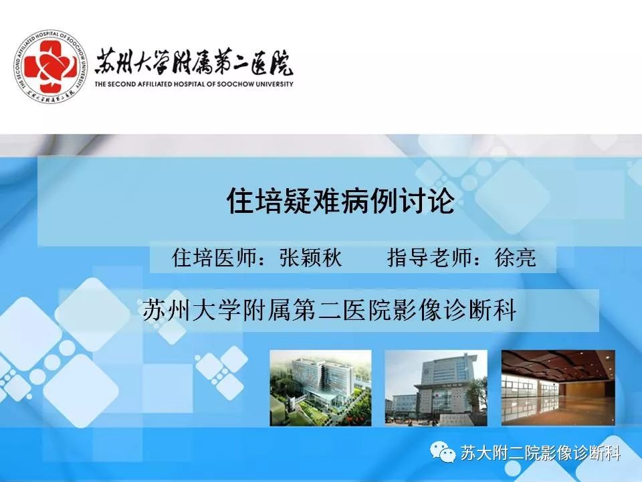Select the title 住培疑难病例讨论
(340, 200)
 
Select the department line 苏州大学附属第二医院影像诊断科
(330, 311)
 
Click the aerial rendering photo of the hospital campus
(320, 388)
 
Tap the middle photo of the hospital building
(436, 388)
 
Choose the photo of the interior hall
(558, 388)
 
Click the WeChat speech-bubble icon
(442, 453)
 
